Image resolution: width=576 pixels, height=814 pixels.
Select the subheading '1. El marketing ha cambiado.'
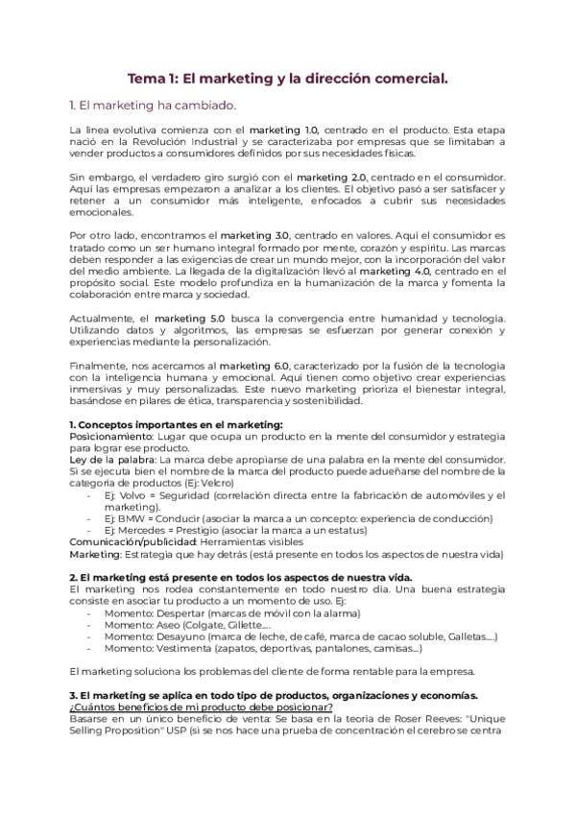pyautogui.click(x=152, y=105)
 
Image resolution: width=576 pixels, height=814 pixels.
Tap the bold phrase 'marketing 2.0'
pyautogui.click(x=329, y=178)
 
